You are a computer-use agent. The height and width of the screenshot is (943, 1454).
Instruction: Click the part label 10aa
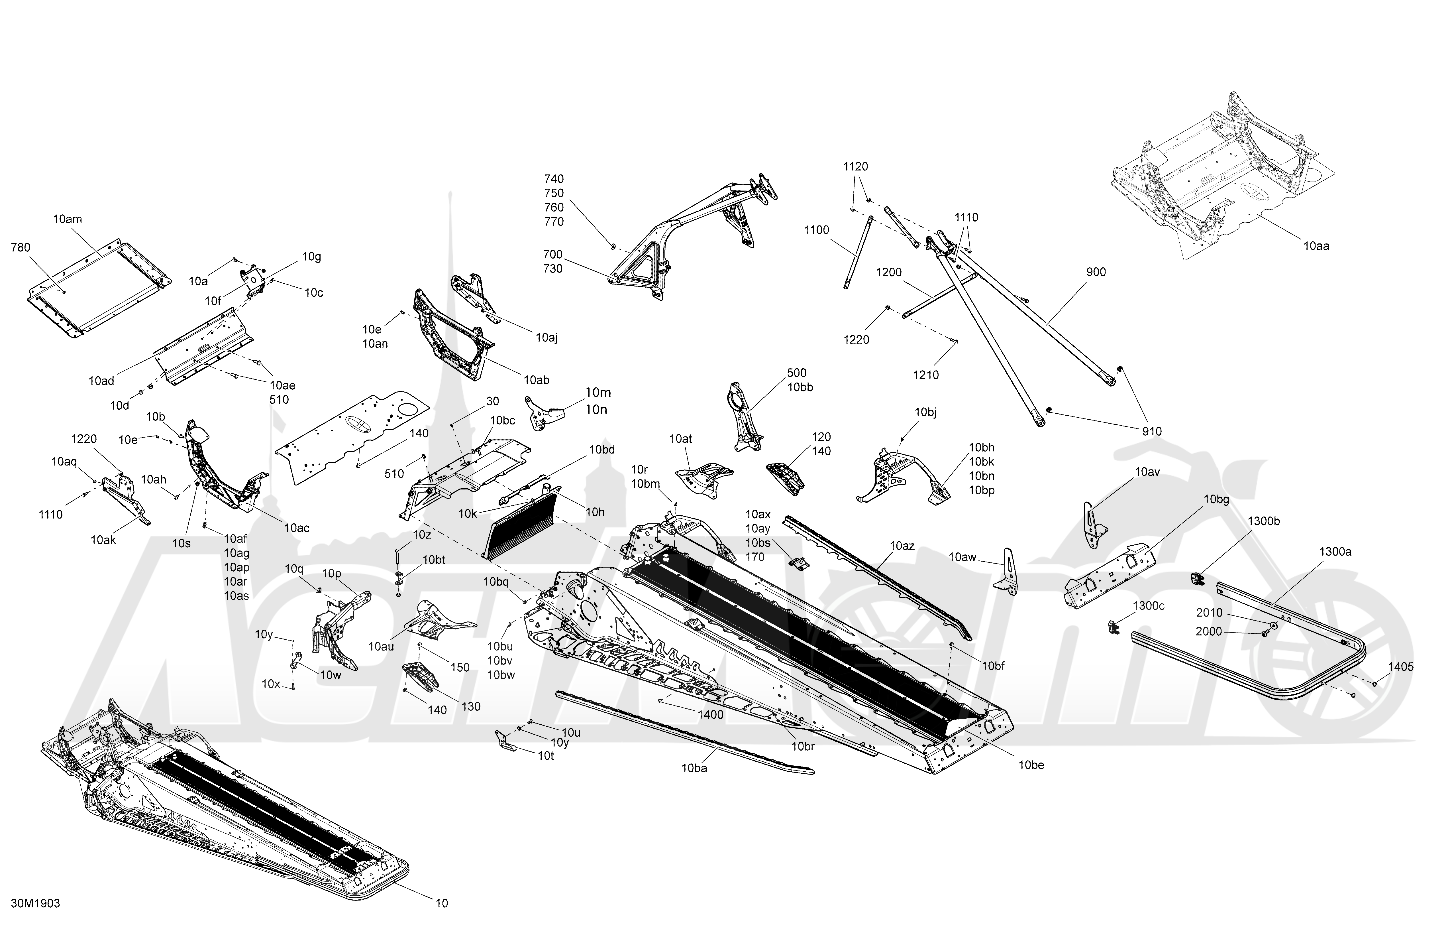point(1316,246)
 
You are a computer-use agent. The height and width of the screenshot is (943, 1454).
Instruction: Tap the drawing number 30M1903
point(35,903)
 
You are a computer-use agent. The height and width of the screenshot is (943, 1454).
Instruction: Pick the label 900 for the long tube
point(1096,272)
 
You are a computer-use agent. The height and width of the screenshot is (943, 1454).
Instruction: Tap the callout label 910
point(1152,432)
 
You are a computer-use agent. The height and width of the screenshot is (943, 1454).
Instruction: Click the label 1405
point(1401,667)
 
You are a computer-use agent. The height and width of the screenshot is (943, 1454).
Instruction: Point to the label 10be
point(1031,765)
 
